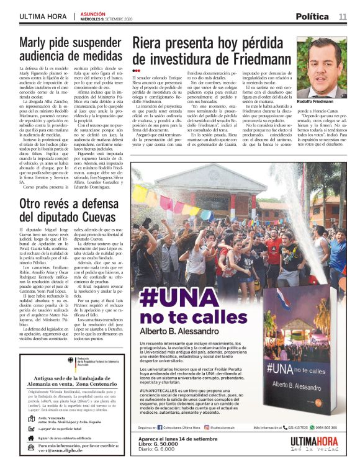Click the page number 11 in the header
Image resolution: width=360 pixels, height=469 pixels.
tap(342, 16)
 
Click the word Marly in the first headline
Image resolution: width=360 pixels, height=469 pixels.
tap(37, 43)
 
